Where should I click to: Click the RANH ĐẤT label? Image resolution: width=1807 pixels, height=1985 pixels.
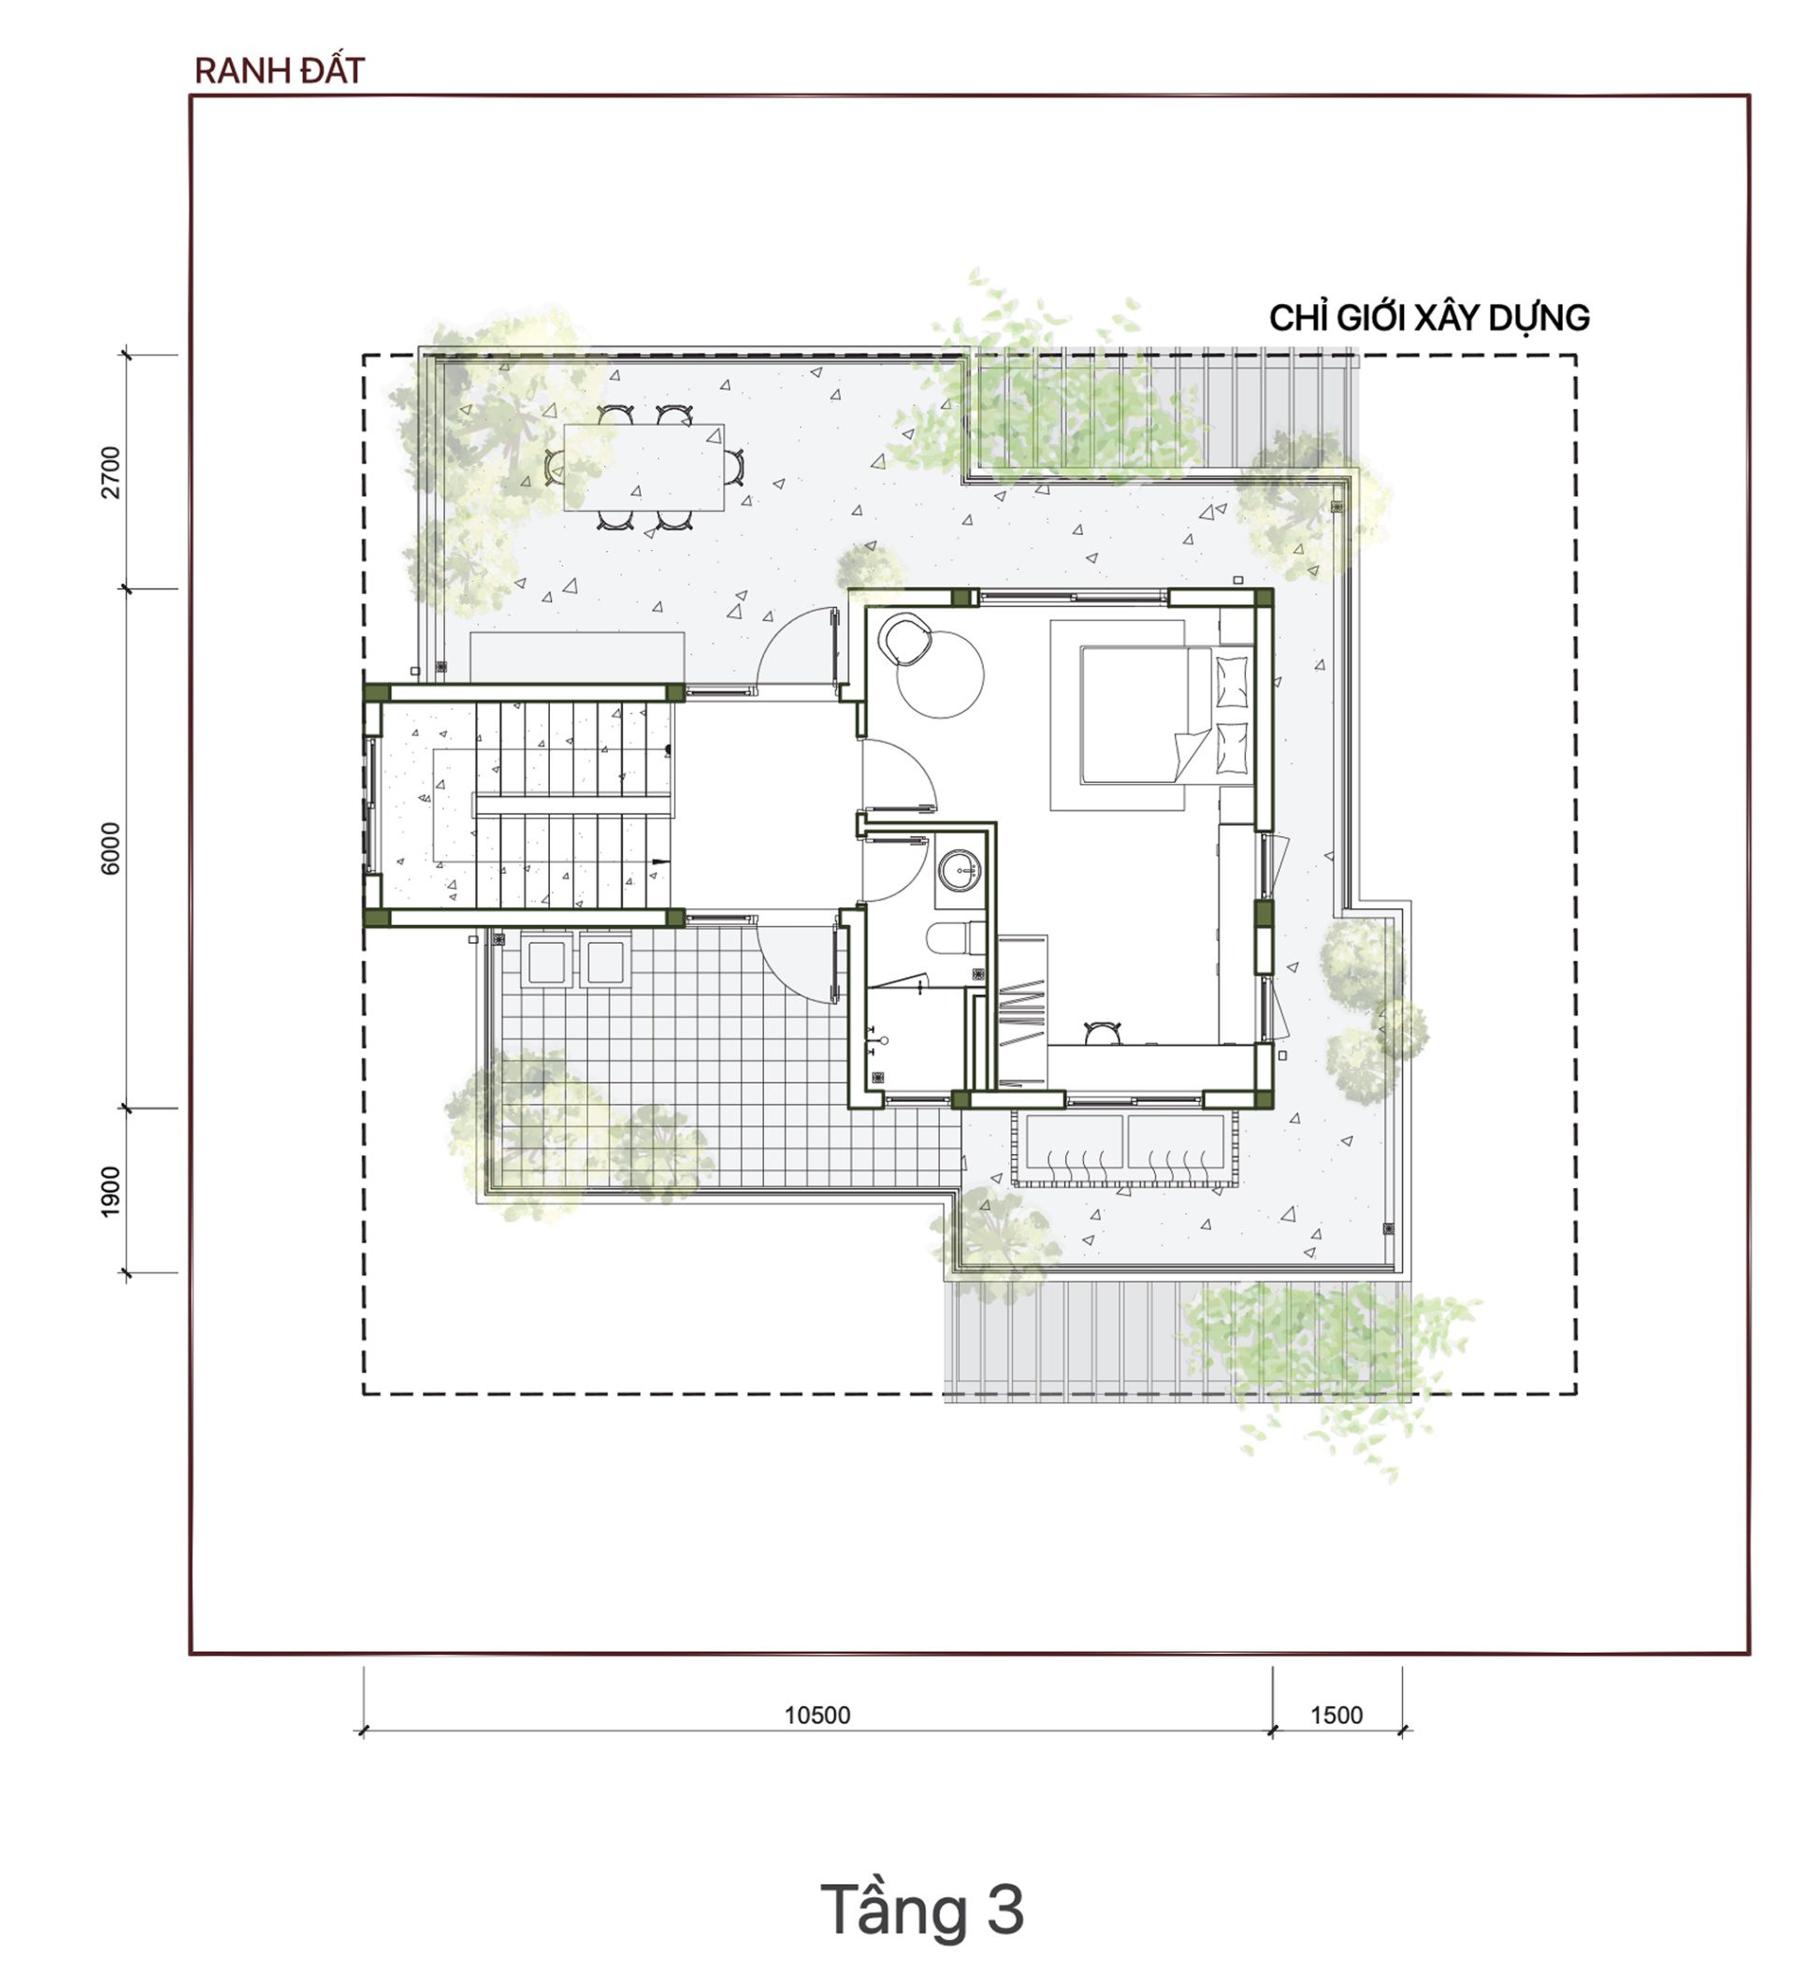pos(280,71)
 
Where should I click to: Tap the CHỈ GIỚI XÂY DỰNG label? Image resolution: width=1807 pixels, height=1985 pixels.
pos(1429,318)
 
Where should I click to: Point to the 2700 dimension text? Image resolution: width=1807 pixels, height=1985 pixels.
pos(111,472)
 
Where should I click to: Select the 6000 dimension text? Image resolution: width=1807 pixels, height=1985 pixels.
pos(111,848)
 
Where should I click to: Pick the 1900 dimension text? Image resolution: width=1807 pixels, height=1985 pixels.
pos(111,1191)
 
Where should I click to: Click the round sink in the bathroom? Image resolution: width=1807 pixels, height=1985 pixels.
pos(961,869)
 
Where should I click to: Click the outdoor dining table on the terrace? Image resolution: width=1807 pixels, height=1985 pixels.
pos(644,467)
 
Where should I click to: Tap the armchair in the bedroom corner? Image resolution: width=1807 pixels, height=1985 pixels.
pos(907,640)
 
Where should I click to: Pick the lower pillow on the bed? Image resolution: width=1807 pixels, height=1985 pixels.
pos(1232,748)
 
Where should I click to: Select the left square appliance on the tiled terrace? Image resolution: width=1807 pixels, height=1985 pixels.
pos(546,961)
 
